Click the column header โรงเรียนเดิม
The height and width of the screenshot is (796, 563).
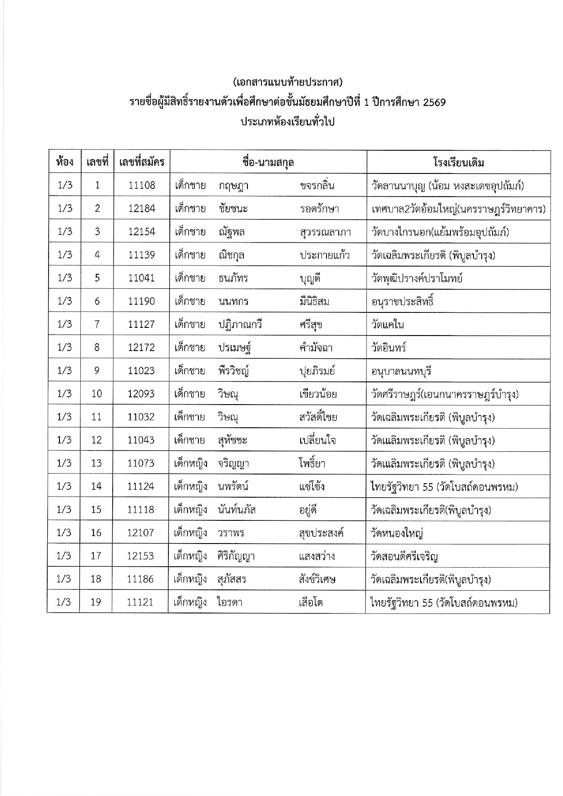click(459, 162)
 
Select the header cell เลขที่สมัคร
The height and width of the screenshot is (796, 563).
click(142, 162)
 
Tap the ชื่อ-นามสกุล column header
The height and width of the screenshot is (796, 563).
click(268, 162)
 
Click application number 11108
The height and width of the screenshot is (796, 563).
click(142, 185)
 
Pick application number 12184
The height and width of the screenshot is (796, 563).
click(142, 208)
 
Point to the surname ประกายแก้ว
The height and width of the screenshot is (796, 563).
click(325, 255)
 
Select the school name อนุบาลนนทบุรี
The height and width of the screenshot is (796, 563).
click(401, 371)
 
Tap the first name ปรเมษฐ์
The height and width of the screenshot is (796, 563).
click(235, 348)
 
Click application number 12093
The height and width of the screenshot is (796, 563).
click(141, 394)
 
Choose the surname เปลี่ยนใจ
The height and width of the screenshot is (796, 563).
click(317, 440)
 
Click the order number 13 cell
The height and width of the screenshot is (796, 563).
click(96, 463)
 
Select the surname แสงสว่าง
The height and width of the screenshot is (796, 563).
click(317, 556)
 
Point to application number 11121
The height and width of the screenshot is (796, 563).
click(140, 603)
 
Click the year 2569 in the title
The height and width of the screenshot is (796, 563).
click(434, 102)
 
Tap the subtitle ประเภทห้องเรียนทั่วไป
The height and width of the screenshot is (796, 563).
click(287, 122)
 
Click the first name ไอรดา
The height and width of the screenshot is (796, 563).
click(230, 603)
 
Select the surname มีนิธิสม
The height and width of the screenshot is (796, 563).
click(314, 302)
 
